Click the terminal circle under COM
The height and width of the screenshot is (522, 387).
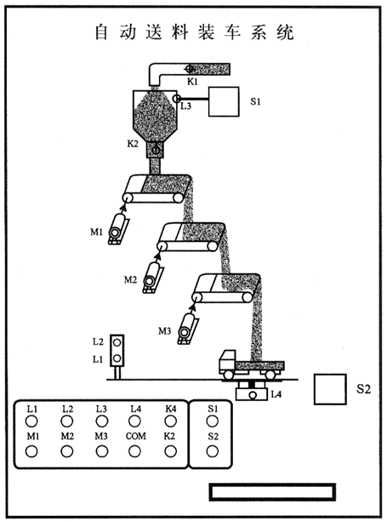(x=134, y=451)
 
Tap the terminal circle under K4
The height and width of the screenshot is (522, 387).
(x=171, y=422)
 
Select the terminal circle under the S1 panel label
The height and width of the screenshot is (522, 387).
(x=212, y=422)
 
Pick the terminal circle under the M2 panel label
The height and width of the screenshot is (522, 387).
(x=67, y=451)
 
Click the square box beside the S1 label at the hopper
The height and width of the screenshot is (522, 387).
(x=224, y=101)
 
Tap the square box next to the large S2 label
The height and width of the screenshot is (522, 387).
(x=330, y=389)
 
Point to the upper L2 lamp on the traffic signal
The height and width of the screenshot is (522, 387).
(x=117, y=342)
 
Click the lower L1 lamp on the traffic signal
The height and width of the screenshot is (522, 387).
(x=117, y=359)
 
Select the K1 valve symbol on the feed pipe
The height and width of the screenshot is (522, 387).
(x=190, y=69)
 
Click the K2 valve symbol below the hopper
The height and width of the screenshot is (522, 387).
(x=156, y=151)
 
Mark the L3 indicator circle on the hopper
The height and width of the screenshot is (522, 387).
(x=177, y=98)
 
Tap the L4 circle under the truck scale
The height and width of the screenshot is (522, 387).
(x=253, y=395)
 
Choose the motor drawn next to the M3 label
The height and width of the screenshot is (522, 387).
(x=187, y=328)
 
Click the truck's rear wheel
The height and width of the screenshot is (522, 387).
(x=270, y=375)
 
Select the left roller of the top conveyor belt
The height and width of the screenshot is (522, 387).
(x=127, y=198)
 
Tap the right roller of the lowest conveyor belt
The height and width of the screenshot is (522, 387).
(x=247, y=297)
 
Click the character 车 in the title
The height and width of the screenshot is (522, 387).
(x=232, y=32)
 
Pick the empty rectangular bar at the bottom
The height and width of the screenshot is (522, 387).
(x=272, y=492)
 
